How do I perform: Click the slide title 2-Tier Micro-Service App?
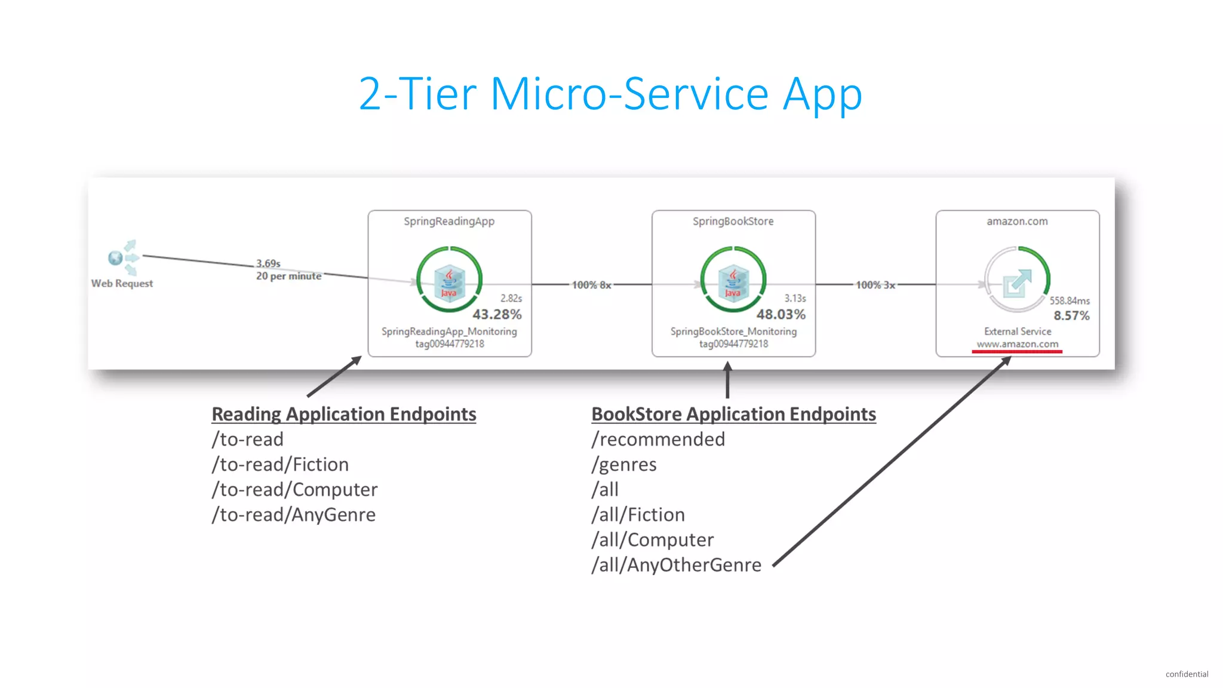[610, 94]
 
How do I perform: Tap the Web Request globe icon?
[116, 258]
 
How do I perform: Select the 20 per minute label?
[288, 276]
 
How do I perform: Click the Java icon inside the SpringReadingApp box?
[449, 281]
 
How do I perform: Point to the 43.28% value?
[497, 314]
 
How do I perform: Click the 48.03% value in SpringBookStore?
[780, 314]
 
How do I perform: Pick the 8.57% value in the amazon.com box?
[1071, 315]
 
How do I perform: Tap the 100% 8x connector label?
[591, 285]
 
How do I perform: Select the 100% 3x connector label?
[875, 285]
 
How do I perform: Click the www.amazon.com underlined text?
[1017, 344]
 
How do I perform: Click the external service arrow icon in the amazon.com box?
[1017, 282]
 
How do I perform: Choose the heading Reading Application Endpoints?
[344, 414]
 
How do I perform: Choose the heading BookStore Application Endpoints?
[733, 414]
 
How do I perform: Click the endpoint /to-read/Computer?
[295, 490]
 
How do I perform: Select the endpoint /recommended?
[658, 440]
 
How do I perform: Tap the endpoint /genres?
[624, 465]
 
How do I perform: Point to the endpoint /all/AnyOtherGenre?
[677, 565]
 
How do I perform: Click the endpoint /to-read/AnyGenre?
[294, 515]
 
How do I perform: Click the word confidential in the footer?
[1187, 674]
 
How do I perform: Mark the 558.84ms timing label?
[1070, 300]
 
